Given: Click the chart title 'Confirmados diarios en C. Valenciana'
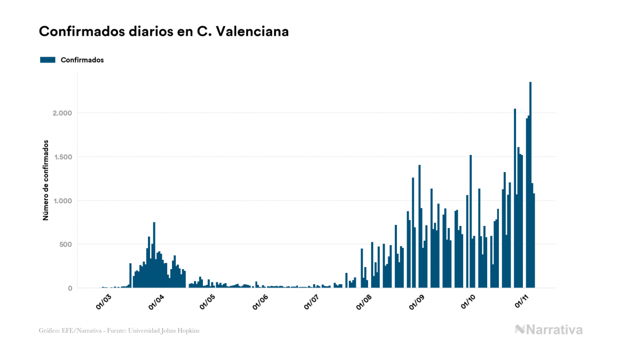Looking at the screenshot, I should click(164, 32).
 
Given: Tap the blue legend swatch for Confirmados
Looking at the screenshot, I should click(48, 60).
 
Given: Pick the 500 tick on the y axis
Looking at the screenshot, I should click(65, 245).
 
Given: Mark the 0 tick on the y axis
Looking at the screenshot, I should click(69, 288).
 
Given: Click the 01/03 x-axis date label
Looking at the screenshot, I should click(104, 301).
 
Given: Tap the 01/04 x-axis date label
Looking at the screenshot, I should click(156, 301).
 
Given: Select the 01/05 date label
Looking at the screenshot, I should click(207, 301).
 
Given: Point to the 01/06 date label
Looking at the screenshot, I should click(260, 301).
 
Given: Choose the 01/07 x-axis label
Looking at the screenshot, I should click(311, 301).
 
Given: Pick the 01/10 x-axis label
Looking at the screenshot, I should click(468, 301).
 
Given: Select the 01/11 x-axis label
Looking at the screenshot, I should click(520, 301).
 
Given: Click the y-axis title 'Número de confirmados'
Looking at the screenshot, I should click(46, 181).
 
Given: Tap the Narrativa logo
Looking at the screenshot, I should click(549, 330).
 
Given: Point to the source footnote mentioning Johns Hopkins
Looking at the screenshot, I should click(119, 331).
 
